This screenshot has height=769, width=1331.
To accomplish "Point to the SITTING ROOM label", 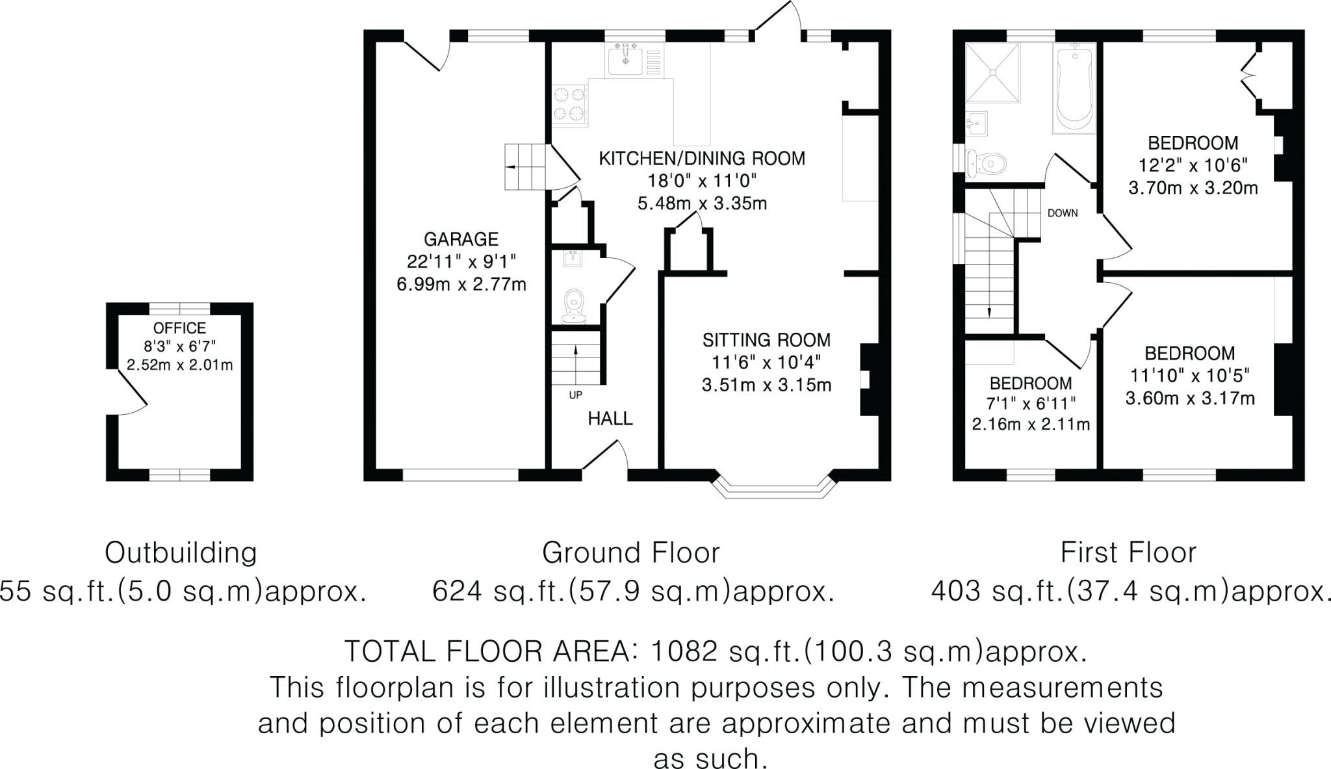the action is click(767, 339).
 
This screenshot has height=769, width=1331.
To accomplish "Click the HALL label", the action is click(610, 419).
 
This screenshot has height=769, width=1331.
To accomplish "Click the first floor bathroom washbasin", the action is click(977, 124).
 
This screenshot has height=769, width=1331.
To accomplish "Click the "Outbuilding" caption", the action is click(181, 553).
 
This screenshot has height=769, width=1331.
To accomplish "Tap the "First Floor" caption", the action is click(1129, 553).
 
